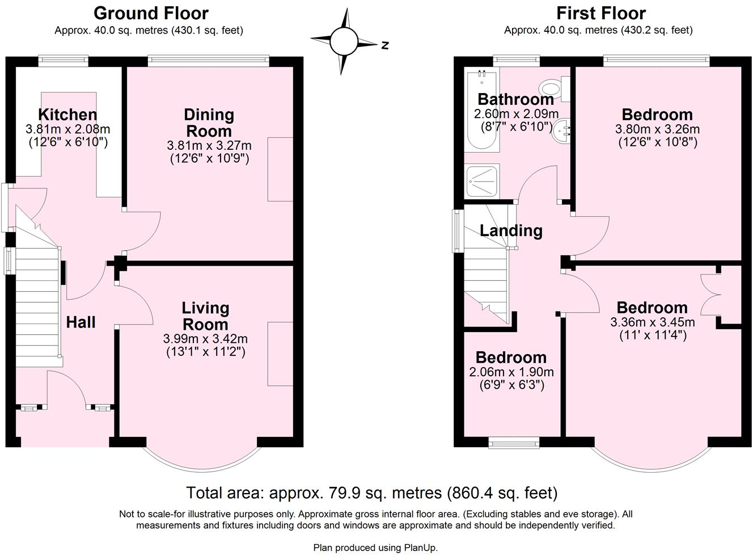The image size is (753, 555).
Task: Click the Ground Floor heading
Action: coord(151,13)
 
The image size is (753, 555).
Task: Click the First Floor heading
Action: coord(600,13)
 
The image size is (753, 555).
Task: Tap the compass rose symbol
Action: coord(344,41)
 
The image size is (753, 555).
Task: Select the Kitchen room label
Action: coord(67,115)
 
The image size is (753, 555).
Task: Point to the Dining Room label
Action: coord(209,123)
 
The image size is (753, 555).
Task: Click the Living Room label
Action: coord(205,316)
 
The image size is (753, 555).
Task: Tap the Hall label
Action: coord(81,322)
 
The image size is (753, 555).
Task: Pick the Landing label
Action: coord(511,230)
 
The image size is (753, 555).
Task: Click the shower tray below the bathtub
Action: coord(481,181)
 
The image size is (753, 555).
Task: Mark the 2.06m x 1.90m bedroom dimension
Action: coord(511,372)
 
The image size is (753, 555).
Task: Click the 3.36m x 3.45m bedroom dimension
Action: coord(652,322)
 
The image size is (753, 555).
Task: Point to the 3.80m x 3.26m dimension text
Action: coord(657,129)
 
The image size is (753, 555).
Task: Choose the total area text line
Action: coord(371,493)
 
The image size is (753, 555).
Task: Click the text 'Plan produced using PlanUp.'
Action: coord(375,548)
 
